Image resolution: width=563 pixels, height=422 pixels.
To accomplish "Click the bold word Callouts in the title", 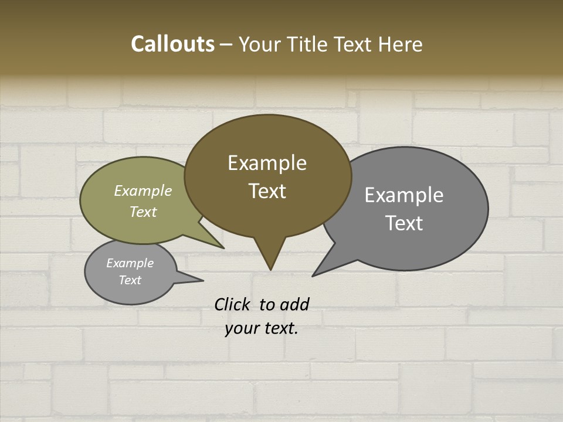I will click(172, 44).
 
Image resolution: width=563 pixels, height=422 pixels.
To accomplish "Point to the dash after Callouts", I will click(226, 45).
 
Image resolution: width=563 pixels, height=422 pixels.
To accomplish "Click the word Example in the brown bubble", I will click(267, 163).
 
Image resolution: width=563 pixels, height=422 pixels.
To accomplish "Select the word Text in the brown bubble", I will click(267, 191).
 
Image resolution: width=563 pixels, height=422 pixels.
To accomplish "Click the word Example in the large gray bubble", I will click(404, 195).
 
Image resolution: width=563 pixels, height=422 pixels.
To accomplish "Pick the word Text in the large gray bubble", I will click(404, 223).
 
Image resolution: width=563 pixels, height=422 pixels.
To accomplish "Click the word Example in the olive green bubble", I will click(143, 191).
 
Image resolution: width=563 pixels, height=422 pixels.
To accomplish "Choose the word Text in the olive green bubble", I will click(143, 212).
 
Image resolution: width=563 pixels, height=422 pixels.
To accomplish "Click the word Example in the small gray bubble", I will click(130, 263).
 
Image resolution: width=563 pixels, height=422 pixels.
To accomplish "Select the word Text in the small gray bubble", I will click(130, 280).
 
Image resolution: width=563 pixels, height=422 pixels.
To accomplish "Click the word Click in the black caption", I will click(232, 304).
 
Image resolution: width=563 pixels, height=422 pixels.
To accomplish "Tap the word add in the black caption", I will click(294, 304).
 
